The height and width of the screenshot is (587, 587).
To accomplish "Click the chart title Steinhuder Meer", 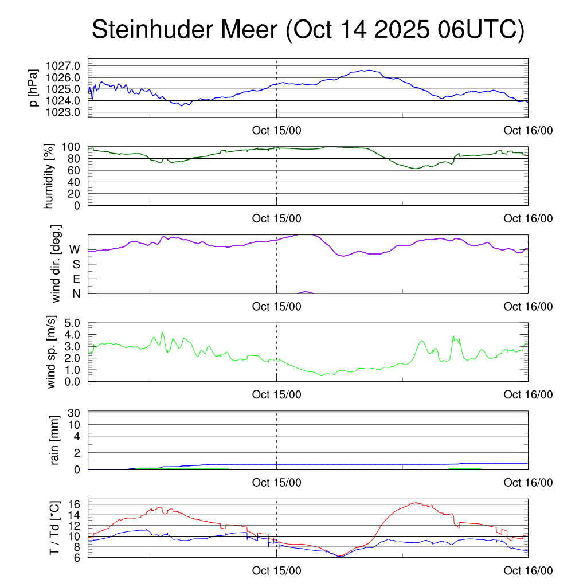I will tap(308, 30).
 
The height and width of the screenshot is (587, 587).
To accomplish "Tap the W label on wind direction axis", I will tap(75, 249).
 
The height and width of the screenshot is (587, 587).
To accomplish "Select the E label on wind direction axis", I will tap(76, 279).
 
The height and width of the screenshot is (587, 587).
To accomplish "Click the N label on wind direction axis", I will tap(75, 293).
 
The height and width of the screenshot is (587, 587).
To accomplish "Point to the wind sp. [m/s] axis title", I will tap(52, 351).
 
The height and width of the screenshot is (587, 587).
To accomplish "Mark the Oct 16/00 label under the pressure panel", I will tap(528, 130).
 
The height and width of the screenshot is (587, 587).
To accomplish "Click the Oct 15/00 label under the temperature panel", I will tap(276, 571).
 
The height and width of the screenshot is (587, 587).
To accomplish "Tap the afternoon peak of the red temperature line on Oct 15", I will tap(414, 503).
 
